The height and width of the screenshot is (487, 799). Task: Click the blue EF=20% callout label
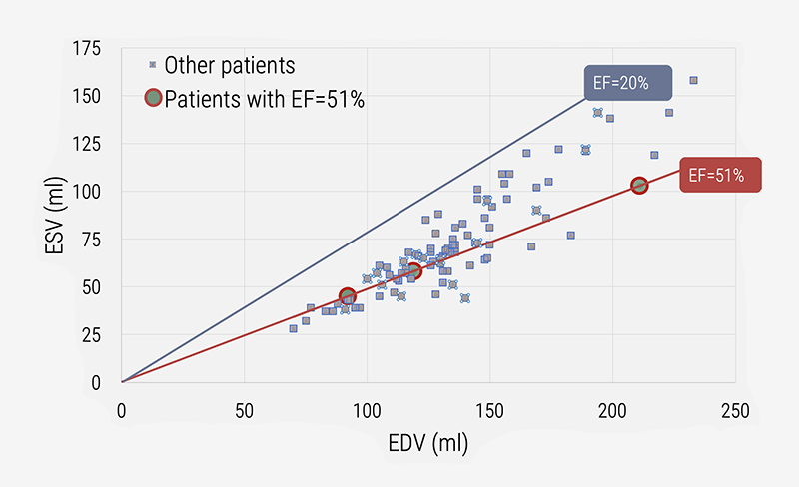[627, 84]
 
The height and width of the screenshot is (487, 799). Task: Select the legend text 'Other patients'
[230, 66]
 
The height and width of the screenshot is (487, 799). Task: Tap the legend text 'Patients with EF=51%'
[264, 98]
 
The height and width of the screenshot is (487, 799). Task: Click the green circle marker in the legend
[153, 98]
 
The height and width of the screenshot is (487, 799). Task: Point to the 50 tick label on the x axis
[244, 410]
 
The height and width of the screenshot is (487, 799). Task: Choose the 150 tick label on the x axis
[488, 410]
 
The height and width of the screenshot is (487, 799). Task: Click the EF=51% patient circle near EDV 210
[639, 185]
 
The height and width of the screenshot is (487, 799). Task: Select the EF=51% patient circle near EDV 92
[348, 296]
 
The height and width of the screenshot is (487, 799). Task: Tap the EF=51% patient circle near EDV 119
[413, 270]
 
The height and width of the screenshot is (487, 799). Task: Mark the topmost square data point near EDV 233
[693, 80]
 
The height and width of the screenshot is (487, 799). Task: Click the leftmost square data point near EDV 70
[293, 328]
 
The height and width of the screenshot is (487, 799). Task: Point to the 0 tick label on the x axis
[122, 410]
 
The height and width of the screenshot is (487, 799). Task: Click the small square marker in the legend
[153, 66]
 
